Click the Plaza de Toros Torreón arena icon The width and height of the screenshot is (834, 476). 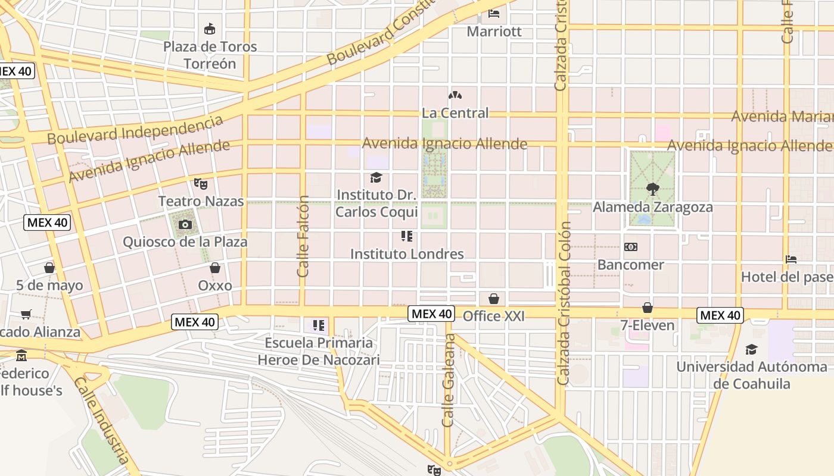click(209, 29)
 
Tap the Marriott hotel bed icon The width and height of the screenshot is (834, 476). click(494, 13)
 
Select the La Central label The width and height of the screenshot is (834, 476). click(455, 112)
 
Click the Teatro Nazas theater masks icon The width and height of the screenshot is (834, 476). click(200, 184)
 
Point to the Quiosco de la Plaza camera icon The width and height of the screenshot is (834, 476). click(185, 224)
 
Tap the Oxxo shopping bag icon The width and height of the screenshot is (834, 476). click(215, 268)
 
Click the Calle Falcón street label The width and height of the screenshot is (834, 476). click(303, 236)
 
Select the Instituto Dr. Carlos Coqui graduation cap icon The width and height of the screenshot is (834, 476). click(376, 177)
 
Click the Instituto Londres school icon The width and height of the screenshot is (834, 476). click(407, 236)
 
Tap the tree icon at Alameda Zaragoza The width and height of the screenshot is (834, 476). click(653, 190)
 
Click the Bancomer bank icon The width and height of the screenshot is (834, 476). click(631, 247)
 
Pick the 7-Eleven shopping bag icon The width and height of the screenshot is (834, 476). click(648, 308)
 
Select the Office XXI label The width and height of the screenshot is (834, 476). click(494, 316)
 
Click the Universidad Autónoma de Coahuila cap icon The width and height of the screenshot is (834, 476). click(752, 349)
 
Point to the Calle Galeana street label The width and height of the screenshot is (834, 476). click(449, 380)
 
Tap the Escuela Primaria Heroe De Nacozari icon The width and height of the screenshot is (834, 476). click(319, 325)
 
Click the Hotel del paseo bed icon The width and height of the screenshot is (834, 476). click(791, 259)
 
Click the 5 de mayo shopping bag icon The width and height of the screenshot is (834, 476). click(49, 268)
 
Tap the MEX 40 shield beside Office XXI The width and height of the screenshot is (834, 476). click(432, 314)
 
